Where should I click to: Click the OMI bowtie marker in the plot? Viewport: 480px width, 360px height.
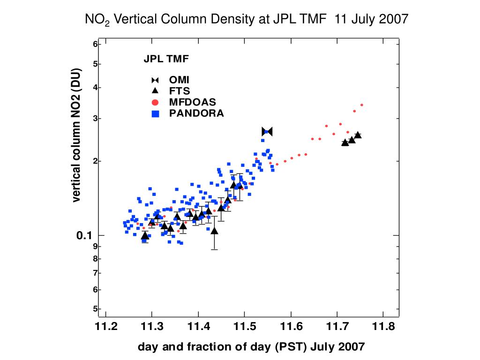pyautogui.click(x=267, y=132)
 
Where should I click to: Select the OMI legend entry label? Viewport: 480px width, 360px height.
pyautogui.click(x=179, y=80)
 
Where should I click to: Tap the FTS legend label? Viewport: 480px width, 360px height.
pyautogui.click(x=180, y=91)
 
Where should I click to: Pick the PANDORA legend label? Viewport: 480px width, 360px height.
pyautogui.click(x=196, y=113)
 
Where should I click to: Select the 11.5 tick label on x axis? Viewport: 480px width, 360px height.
pyautogui.click(x=244, y=326)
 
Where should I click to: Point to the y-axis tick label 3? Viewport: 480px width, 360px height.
pyautogui.click(x=95, y=118)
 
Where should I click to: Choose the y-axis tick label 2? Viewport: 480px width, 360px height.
pyautogui.click(x=95, y=161)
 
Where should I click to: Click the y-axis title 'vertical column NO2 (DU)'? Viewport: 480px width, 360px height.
pyautogui.click(x=76, y=136)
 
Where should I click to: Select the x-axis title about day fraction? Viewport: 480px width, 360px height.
pyautogui.click(x=251, y=347)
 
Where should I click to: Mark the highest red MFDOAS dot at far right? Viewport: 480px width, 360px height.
pyautogui.click(x=362, y=105)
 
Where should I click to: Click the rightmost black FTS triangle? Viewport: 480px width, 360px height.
pyautogui.click(x=358, y=135)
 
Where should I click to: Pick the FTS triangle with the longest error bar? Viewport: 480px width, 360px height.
pyautogui.click(x=214, y=231)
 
